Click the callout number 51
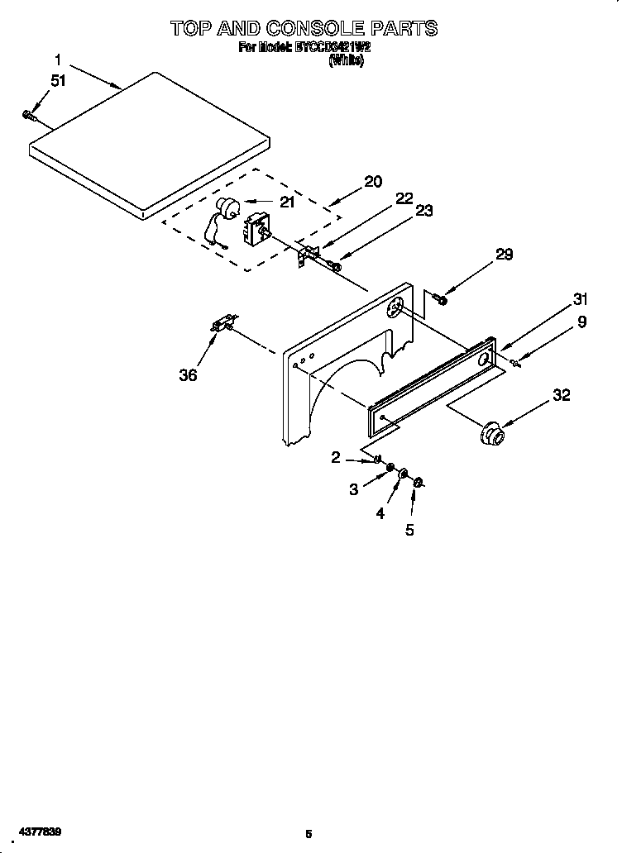(57, 81)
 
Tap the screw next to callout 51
(28, 114)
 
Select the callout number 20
(372, 182)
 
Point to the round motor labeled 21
(223, 207)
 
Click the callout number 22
(404, 198)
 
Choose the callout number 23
(423, 212)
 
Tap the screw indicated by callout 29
(439, 298)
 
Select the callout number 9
(581, 322)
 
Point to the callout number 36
(189, 374)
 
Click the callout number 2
(336, 457)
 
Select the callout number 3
(353, 489)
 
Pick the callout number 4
(380, 512)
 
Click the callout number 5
(409, 530)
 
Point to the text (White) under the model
(346, 61)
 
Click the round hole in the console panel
(395, 307)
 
